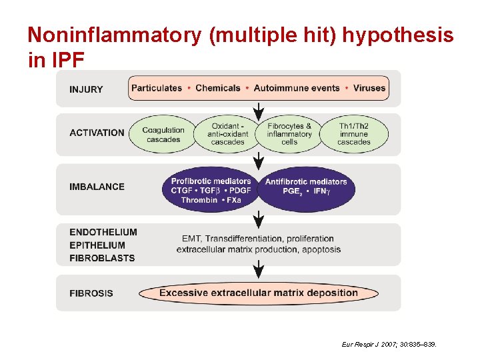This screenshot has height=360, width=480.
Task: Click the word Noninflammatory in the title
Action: tap(114, 36)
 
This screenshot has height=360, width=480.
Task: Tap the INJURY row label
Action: tap(86, 89)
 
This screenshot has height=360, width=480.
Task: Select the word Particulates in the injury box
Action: tap(157, 88)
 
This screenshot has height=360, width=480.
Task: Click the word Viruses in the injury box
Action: tap(369, 88)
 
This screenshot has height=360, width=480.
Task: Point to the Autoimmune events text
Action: tap(297, 88)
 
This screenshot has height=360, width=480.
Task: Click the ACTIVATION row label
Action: tap(97, 133)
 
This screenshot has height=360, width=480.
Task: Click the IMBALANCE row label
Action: tap(97, 187)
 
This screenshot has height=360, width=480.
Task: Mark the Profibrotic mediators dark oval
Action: tap(211, 189)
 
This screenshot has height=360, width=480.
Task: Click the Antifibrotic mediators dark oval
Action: tap(306, 189)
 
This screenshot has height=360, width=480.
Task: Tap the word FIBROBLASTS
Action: tap(102, 258)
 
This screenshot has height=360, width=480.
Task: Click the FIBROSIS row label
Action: tap(91, 293)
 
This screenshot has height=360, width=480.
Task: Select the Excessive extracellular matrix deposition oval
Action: tap(259, 293)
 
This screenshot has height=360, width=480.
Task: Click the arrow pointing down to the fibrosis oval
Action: tap(259, 270)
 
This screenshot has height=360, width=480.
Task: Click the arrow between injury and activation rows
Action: tap(259, 109)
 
